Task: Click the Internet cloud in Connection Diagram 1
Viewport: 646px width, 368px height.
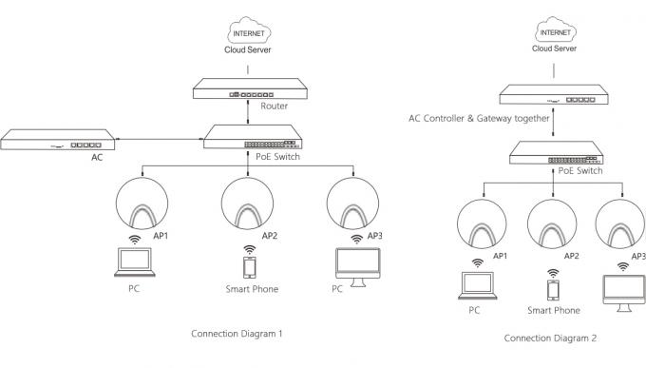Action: [x=249, y=30]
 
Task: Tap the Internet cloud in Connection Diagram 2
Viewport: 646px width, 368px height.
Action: [x=556, y=29]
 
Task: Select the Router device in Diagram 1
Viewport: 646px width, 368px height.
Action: [x=250, y=88]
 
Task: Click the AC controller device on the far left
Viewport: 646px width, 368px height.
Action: [x=58, y=140]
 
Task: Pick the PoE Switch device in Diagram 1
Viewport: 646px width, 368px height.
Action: [x=253, y=137]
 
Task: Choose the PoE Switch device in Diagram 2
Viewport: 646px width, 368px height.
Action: [x=557, y=153]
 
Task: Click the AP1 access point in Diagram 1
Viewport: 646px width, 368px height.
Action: [x=142, y=203]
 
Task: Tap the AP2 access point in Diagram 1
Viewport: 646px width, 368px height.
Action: [x=247, y=203]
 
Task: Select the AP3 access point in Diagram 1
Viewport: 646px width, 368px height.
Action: [x=352, y=203]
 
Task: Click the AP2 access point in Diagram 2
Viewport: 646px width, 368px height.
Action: [x=552, y=224]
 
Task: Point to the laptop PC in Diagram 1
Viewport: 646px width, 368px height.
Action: [x=134, y=261]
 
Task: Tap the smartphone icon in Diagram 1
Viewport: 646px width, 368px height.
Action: [x=249, y=267]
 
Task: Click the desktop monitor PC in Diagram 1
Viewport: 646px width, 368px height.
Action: [x=357, y=267]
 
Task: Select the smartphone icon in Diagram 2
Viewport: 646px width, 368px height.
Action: [x=553, y=290]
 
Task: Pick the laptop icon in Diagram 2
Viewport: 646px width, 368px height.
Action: [x=477, y=285]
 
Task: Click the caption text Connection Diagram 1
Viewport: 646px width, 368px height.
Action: [x=237, y=334]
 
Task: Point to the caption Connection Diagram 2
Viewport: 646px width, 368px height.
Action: [x=550, y=339]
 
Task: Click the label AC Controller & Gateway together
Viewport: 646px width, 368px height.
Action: [x=479, y=119]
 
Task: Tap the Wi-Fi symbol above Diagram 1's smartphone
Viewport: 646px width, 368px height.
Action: [x=249, y=249]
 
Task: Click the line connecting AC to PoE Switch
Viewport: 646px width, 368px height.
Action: [x=160, y=139]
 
